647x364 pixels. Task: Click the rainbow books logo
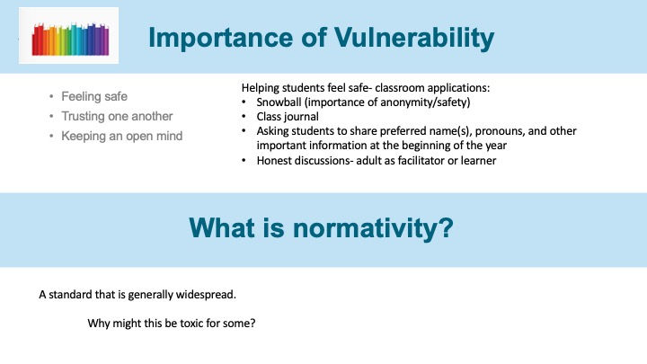pos(70,40)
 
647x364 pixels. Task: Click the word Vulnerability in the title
pos(414,39)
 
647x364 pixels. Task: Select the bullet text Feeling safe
pos(94,96)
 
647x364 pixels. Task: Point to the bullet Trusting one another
pos(117,116)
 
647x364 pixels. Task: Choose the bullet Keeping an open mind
pos(121,137)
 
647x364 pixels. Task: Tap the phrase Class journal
pos(288,117)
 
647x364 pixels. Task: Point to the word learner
pos(478,160)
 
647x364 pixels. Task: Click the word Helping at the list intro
pos(260,88)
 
